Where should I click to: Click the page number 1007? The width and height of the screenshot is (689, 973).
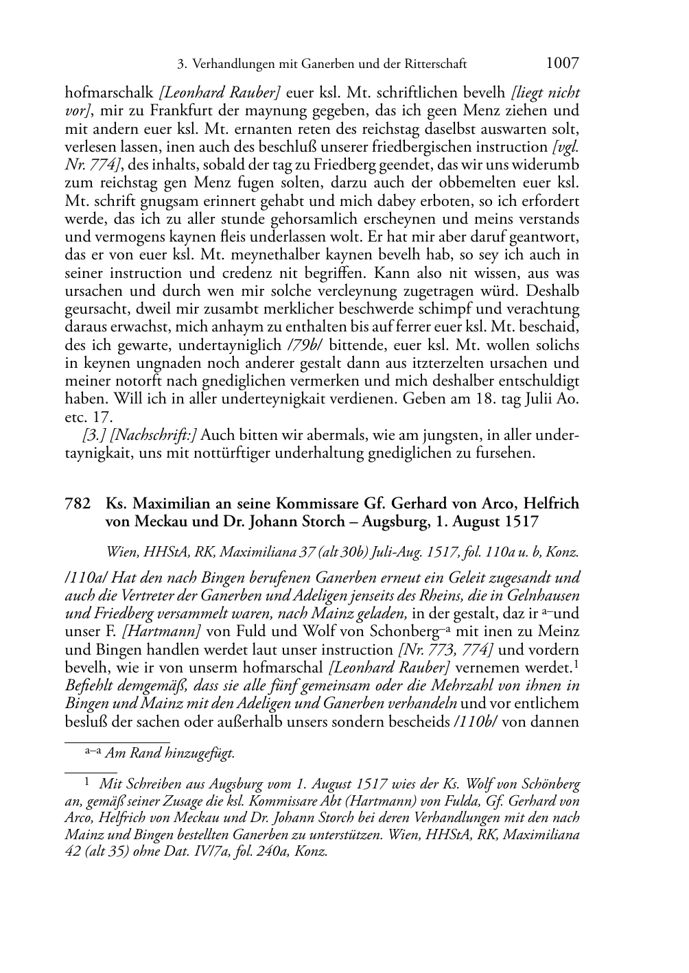[562, 64]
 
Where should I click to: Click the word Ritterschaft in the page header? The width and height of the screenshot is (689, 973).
[434, 65]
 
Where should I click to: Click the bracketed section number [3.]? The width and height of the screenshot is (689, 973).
[93, 435]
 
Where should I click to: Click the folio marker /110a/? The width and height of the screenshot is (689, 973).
[83, 578]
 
